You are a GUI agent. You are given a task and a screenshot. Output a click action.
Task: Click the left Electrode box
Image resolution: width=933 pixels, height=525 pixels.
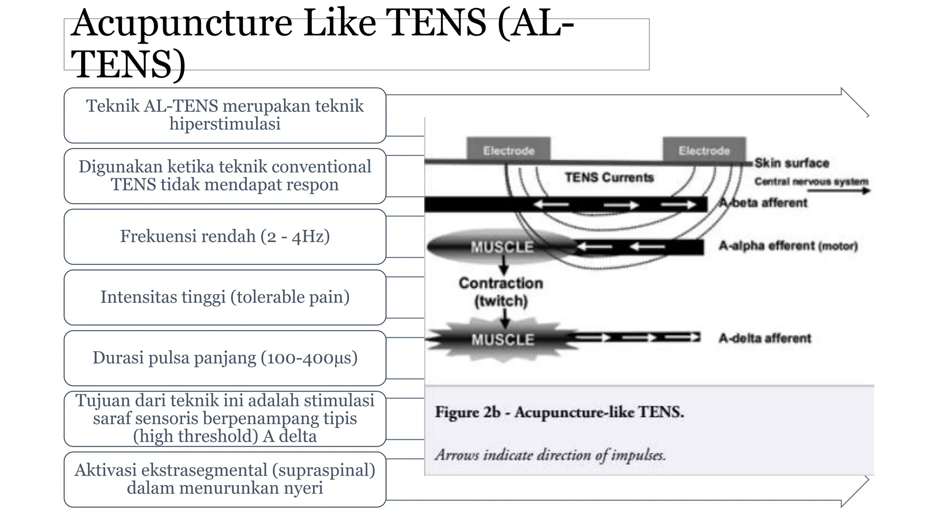tap(508, 150)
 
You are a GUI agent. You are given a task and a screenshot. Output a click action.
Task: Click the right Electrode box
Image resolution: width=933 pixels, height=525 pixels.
tap(704, 150)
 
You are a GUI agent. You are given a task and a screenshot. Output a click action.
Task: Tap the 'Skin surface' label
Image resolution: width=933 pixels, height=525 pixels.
tap(792, 163)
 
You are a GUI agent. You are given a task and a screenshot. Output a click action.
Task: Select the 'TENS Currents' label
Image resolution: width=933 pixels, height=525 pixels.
tap(609, 177)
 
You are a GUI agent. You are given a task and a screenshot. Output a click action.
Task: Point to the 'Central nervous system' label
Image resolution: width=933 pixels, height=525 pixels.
tap(811, 181)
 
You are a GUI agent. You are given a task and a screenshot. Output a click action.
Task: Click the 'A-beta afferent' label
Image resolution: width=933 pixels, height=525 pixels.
tap(764, 203)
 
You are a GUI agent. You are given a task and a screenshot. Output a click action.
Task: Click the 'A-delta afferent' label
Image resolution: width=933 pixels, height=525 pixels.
tap(765, 338)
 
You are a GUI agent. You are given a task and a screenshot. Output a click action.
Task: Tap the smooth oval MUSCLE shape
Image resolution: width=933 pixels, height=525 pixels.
tap(502, 247)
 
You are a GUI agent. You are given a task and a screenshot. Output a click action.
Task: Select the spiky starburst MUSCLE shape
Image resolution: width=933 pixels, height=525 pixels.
tap(502, 340)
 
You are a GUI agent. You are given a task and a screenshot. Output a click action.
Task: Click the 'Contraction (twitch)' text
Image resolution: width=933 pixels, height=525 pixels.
tap(501, 292)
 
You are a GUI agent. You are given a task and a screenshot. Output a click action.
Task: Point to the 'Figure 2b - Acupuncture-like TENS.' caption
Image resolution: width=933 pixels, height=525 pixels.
tap(559, 412)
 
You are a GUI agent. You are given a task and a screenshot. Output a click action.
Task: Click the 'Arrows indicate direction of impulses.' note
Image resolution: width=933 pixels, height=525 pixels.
tap(550, 455)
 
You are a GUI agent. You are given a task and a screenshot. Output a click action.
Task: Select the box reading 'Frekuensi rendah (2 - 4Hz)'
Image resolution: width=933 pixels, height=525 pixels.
tap(225, 237)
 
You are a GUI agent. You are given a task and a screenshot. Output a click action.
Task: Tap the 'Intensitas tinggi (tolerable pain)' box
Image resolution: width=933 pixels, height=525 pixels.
tap(225, 297)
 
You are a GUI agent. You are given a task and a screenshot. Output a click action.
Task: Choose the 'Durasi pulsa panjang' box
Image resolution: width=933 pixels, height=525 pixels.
tap(225, 358)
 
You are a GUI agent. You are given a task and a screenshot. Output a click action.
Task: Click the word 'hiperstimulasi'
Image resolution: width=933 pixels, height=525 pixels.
tap(225, 124)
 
